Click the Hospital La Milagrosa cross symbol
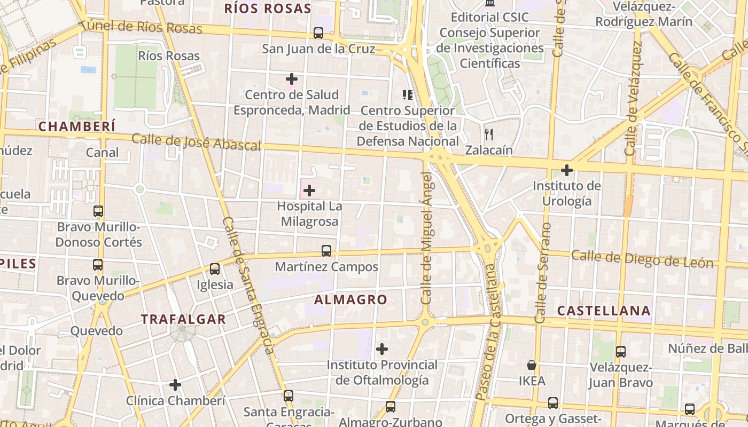309,190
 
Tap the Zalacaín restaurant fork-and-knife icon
488,134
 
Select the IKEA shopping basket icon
532,365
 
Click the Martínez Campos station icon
326,250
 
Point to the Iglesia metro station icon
215,268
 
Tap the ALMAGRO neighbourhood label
350,300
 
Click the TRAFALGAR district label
183,320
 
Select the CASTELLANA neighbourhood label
604,311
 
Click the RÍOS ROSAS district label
267,9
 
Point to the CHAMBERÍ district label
77,126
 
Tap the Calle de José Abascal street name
196,143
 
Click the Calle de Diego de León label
642,259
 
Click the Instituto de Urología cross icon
567,170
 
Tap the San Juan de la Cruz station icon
318,33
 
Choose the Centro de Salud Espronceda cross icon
291,79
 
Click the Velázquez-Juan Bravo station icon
620,352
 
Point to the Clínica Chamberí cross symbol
175,384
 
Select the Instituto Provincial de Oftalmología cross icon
381,349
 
